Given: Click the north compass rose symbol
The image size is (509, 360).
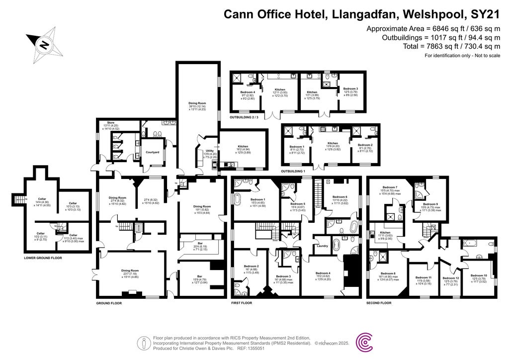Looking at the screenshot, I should click(44, 45).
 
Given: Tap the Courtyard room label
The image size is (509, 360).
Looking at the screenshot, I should click(152, 152).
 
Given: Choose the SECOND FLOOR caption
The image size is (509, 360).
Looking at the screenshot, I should click(382, 302).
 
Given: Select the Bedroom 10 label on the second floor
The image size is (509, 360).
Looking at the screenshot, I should click(479, 275).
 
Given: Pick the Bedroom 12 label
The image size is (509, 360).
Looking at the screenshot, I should click(451, 278).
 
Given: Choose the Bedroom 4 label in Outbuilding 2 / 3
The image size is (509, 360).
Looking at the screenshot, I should click(248, 92).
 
